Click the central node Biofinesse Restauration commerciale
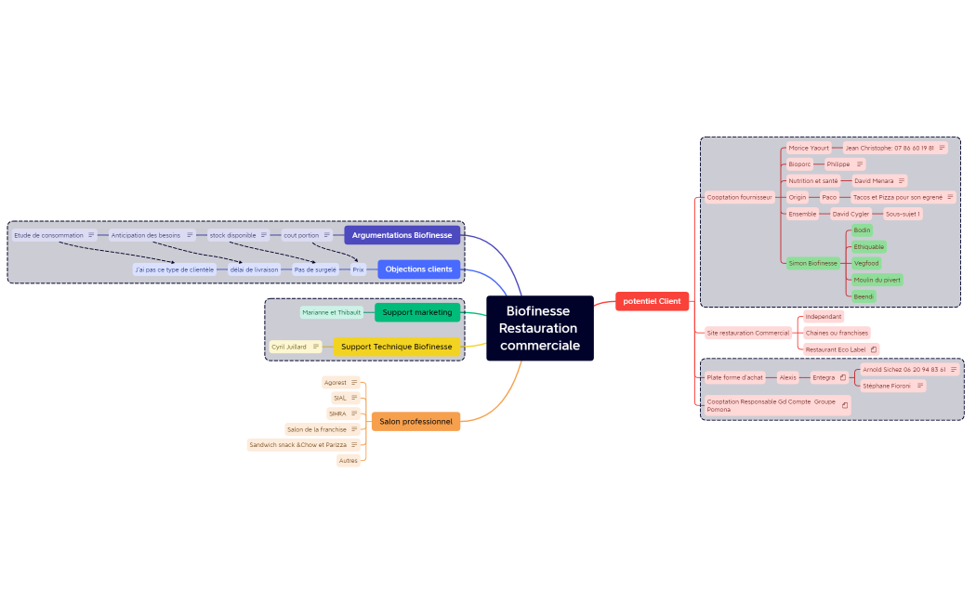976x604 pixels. click(539, 328)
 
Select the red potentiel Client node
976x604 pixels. click(652, 301)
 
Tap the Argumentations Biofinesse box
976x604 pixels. click(402, 235)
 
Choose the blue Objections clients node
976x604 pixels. click(418, 269)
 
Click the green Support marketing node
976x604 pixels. click(416, 312)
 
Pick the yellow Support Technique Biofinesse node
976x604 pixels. click(396, 347)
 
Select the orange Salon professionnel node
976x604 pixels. click(415, 422)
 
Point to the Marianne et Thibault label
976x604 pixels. click(331, 312)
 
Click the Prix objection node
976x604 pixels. click(358, 269)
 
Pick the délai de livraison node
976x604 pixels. click(254, 269)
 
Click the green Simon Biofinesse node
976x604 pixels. click(812, 263)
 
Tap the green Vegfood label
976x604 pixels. click(865, 263)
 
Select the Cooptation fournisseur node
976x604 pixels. click(739, 197)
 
